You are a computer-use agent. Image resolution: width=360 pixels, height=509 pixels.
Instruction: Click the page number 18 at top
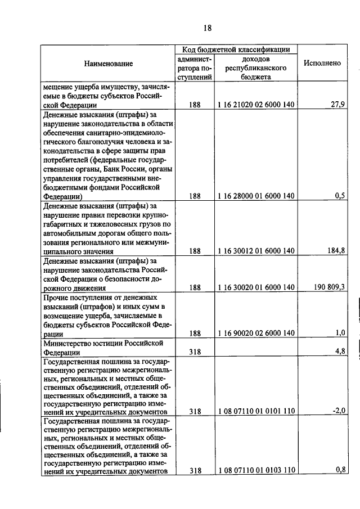pos(207,28)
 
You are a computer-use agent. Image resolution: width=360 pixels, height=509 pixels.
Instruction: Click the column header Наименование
pos(109,64)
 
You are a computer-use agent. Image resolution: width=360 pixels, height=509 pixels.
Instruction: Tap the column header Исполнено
pos(322,64)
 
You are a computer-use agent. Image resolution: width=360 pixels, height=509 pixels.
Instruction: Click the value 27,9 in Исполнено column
pos(337,104)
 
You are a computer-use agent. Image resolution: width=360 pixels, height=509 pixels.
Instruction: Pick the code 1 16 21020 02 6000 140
pos(256,105)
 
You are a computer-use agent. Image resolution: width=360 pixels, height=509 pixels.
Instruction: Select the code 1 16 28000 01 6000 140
pos(256,196)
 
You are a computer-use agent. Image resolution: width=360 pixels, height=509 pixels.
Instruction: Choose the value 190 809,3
pos(326,287)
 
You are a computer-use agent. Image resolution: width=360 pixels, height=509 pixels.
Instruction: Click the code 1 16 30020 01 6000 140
pos(256,287)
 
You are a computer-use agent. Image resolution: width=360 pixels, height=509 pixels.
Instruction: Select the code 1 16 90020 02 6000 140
pos(256,333)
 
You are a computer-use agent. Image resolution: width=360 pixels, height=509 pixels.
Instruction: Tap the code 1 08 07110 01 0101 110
pos(256,412)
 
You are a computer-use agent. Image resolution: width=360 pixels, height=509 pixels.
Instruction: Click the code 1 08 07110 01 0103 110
pos(256,471)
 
